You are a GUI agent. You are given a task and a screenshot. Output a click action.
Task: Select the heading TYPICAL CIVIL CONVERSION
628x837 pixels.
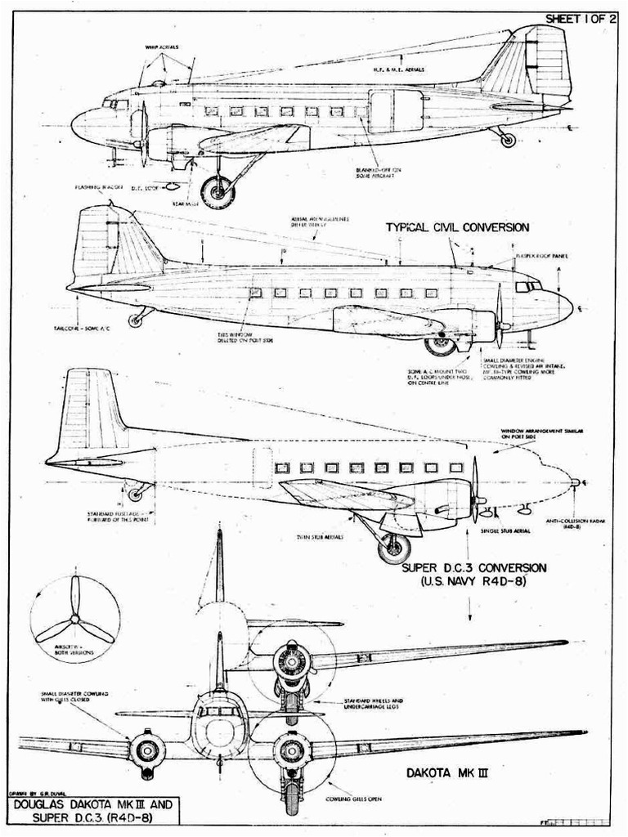tap(457, 227)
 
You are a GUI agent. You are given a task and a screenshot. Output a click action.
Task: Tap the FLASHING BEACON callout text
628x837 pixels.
tap(98, 187)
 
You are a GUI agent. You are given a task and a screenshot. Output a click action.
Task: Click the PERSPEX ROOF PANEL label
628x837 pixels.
tap(541, 256)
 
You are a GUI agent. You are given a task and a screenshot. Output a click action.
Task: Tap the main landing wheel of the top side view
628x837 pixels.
tap(218, 191)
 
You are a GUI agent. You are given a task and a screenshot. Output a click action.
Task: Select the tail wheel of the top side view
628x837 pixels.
tap(508, 140)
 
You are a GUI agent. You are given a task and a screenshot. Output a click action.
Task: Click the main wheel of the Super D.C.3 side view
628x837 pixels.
tap(394, 548)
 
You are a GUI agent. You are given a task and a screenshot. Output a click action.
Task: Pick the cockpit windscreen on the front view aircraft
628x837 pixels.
tap(219, 711)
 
